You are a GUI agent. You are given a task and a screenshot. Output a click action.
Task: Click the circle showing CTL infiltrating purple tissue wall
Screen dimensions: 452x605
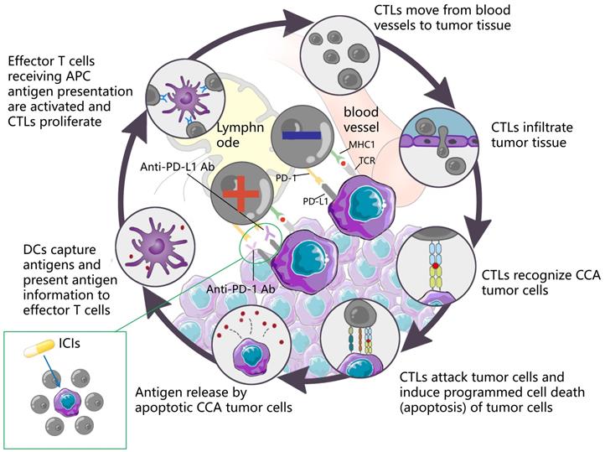point(437,143)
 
